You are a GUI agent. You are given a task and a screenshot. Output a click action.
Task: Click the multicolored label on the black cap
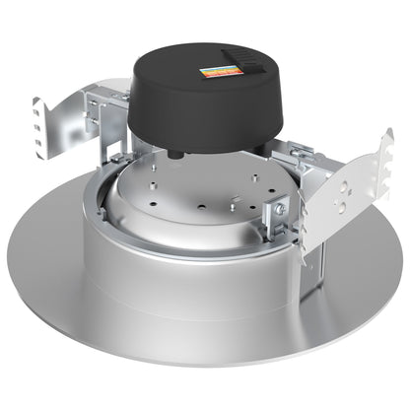220,73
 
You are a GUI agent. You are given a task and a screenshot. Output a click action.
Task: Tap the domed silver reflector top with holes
197,192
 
